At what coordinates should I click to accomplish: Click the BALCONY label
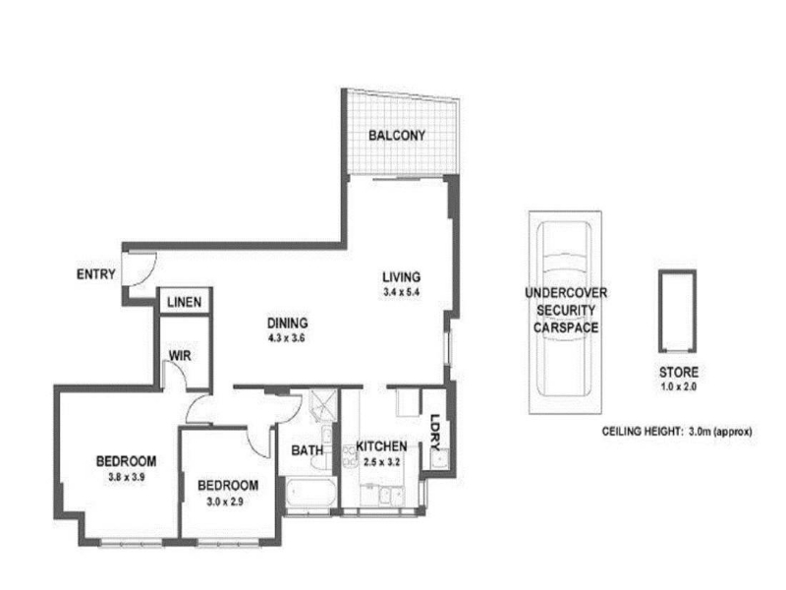click(397, 135)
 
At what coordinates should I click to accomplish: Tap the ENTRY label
click(95, 274)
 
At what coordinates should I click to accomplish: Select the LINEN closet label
click(184, 302)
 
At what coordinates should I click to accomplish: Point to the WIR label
click(180, 356)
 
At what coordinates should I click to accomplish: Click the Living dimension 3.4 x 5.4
click(401, 292)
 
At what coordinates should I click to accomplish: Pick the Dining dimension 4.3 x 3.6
click(287, 338)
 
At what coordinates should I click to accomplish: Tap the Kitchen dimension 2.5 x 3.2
click(381, 462)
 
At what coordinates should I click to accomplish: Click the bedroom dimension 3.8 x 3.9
click(127, 478)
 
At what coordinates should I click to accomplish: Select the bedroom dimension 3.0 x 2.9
click(225, 501)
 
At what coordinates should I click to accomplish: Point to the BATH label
click(308, 450)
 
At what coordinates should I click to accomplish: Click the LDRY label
click(435, 432)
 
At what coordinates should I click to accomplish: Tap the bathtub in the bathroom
click(310, 493)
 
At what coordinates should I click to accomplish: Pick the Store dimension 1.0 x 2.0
click(678, 386)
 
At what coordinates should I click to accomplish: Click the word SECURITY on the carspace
click(566, 310)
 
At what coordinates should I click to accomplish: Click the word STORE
click(678, 373)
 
